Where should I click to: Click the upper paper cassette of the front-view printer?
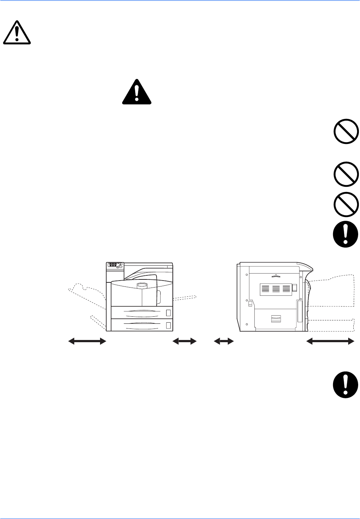tap(142, 313)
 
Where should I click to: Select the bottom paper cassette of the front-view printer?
tap(142, 325)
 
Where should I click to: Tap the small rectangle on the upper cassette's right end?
tap(169, 313)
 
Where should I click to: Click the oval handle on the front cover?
tap(142, 285)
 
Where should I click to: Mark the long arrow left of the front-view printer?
tap(87, 342)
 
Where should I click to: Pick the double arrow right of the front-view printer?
tap(185, 342)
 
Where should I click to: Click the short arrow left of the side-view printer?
tap(224, 342)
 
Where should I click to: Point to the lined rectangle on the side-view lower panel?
tap(276, 319)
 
